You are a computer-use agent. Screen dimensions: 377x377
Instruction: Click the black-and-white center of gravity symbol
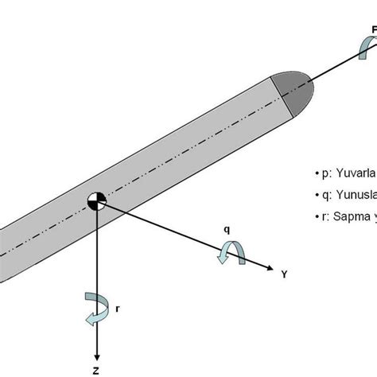96,201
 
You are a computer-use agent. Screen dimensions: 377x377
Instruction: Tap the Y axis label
283,274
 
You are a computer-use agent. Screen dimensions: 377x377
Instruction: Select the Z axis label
96,369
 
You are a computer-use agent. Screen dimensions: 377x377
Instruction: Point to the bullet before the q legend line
317,193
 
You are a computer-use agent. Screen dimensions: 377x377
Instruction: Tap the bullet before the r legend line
317,216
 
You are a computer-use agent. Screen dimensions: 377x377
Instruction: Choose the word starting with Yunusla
356,193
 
